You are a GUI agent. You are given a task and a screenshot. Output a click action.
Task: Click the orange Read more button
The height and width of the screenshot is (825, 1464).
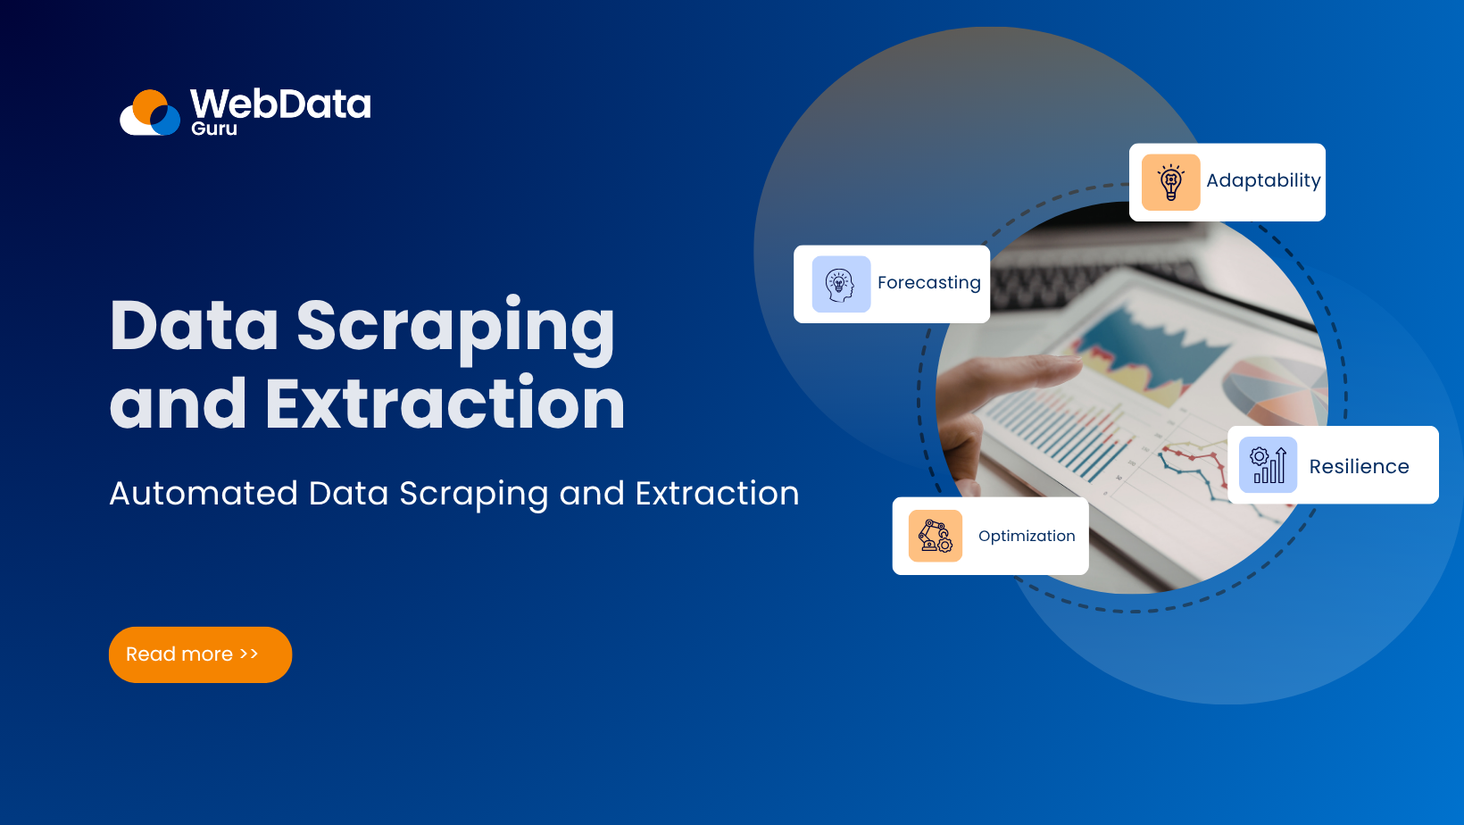(x=200, y=654)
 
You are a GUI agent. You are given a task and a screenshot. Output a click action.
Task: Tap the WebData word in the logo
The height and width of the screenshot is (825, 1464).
(x=280, y=104)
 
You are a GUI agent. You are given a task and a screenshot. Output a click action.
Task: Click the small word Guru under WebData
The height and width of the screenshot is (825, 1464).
(x=214, y=129)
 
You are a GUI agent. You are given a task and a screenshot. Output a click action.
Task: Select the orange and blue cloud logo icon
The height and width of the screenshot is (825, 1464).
(x=151, y=113)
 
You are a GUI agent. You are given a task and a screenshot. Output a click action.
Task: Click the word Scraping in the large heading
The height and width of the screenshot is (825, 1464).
(x=455, y=327)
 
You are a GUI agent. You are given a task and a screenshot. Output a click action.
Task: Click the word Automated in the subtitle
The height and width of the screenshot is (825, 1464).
(x=204, y=494)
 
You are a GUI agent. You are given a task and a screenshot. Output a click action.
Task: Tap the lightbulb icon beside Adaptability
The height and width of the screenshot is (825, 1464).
(x=1170, y=182)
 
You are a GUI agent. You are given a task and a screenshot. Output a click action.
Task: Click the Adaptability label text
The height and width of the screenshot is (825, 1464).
(x=1263, y=180)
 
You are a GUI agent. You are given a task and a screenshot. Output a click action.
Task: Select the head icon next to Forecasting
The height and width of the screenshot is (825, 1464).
(x=841, y=284)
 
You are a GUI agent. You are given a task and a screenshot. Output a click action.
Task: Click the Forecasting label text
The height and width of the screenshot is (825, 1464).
(x=928, y=283)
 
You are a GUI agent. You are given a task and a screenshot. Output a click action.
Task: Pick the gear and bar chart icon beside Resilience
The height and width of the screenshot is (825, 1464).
(x=1268, y=465)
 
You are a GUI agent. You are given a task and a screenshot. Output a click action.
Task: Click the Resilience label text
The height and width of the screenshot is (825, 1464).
(x=1359, y=466)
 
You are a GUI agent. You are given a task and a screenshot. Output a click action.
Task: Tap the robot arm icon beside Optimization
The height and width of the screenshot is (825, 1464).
(x=935, y=536)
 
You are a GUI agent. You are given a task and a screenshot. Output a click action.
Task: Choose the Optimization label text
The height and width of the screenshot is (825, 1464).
(x=1027, y=536)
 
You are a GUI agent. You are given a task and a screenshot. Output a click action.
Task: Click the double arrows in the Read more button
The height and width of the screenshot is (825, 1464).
(x=249, y=654)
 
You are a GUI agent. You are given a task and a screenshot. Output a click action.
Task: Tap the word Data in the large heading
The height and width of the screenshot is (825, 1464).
(x=194, y=325)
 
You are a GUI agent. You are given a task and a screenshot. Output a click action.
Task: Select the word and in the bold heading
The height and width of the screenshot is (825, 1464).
(x=178, y=404)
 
